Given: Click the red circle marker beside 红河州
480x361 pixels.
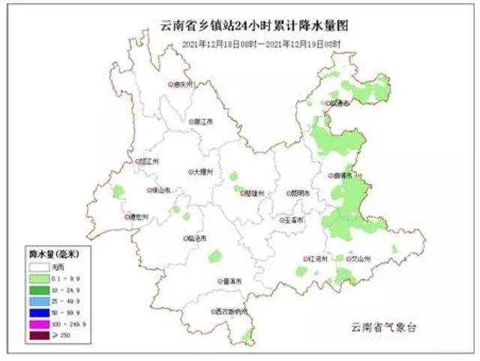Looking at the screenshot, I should pos(306,259).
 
